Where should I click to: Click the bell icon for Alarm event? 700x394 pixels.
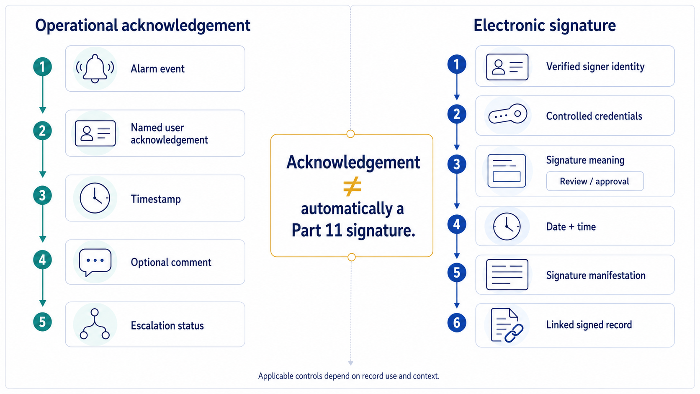tap(95, 69)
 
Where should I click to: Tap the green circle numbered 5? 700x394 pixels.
tap(43, 322)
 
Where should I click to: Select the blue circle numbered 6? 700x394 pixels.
tap(457, 323)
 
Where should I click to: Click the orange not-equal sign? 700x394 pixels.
tap(352, 187)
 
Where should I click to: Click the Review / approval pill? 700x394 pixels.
tap(595, 181)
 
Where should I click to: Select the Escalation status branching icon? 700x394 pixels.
tap(95, 324)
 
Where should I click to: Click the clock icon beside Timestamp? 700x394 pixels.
tap(95, 198)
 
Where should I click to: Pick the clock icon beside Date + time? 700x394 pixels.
tap(507, 227)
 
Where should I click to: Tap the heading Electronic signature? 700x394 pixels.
tap(545, 25)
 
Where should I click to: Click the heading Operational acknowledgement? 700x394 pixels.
tap(142, 26)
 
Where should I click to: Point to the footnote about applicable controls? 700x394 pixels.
tap(349, 376)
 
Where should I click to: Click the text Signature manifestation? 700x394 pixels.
tap(596, 275)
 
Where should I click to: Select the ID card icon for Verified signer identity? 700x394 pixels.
tap(507, 67)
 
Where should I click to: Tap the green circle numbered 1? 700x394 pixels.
tap(43, 67)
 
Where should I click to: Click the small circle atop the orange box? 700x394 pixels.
tap(350, 134)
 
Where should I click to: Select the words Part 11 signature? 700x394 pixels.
tap(353, 231)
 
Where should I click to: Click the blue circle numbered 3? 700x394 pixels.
tap(457, 164)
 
